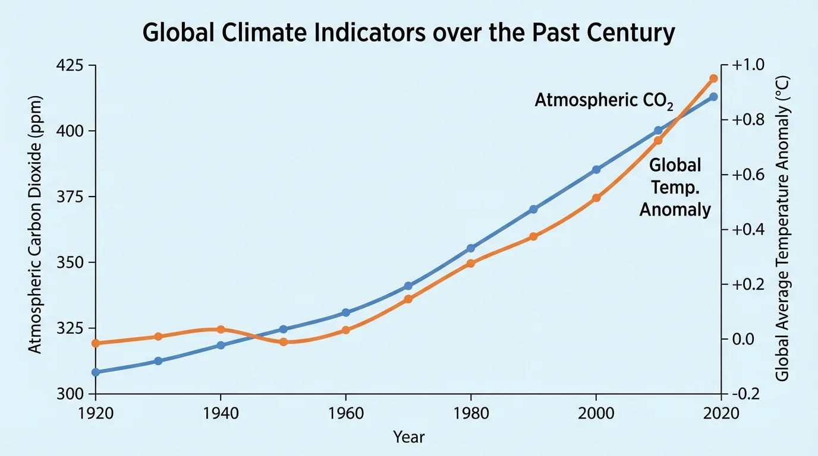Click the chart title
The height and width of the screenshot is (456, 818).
pyautogui.click(x=409, y=33)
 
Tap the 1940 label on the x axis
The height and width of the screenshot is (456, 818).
pyautogui.click(x=221, y=413)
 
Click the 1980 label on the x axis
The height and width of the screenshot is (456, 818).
pyautogui.click(x=471, y=413)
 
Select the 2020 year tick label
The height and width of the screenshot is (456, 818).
pyautogui.click(x=721, y=413)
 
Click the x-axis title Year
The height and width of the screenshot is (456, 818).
pyautogui.click(x=409, y=438)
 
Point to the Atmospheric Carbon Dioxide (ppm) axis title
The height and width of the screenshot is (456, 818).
pyautogui.click(x=36, y=224)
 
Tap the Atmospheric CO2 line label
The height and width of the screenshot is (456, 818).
pyautogui.click(x=603, y=101)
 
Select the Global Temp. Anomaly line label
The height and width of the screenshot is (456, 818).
pyautogui.click(x=675, y=187)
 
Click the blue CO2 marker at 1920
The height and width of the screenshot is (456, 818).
pyautogui.click(x=96, y=372)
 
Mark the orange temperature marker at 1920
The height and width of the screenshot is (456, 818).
pyautogui.click(x=96, y=343)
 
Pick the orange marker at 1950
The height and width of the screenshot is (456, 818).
pyautogui.click(x=284, y=342)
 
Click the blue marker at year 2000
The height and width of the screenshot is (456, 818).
pyautogui.click(x=596, y=170)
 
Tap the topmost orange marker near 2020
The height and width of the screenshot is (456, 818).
pyautogui.click(x=714, y=78)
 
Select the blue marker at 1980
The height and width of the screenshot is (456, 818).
pyautogui.click(x=471, y=248)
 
